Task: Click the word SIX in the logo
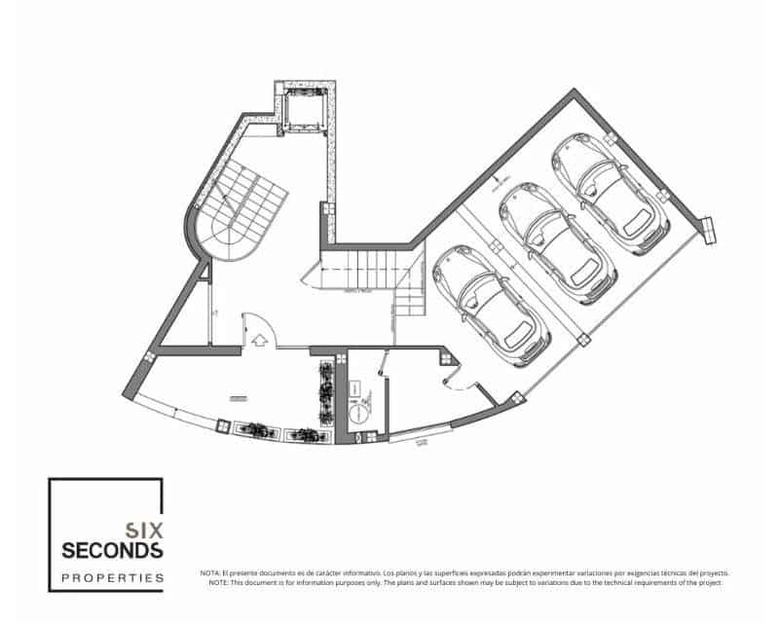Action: point(145,531)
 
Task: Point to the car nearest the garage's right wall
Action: point(611,194)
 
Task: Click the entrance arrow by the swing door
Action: point(259,341)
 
